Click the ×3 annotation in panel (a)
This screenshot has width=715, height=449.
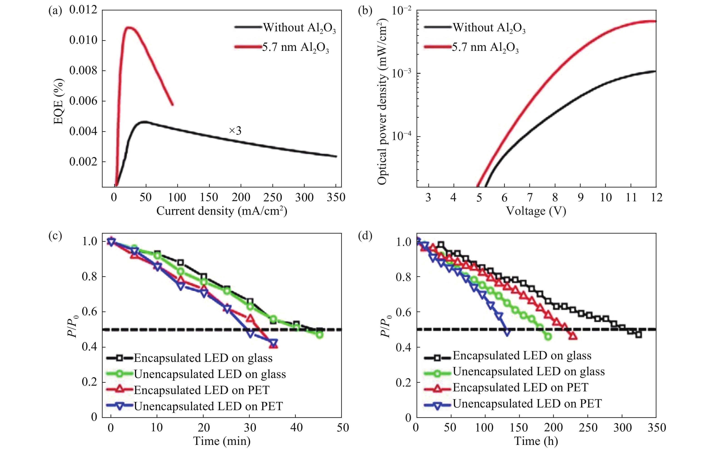(x=235, y=131)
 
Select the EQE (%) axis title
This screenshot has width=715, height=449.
(x=59, y=101)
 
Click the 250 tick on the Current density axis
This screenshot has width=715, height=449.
(x=273, y=197)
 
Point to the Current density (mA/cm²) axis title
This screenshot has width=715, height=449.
(x=222, y=211)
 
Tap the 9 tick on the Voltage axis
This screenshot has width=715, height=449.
(x=580, y=197)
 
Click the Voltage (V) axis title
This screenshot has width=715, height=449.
(x=536, y=211)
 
